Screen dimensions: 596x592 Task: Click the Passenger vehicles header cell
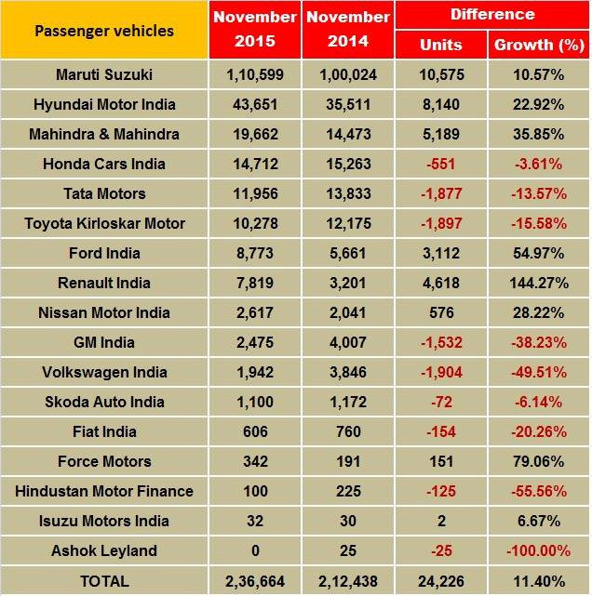(x=104, y=31)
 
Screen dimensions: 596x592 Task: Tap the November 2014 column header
(x=347, y=31)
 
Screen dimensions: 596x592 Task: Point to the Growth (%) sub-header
(x=538, y=45)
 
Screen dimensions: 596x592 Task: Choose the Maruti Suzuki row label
(x=104, y=74)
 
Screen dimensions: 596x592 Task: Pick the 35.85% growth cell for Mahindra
(x=538, y=134)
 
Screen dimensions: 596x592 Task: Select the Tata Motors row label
(x=104, y=193)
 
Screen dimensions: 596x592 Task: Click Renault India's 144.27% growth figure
(x=538, y=283)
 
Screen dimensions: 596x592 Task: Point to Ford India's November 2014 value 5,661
(x=347, y=253)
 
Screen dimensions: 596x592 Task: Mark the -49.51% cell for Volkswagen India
(x=538, y=372)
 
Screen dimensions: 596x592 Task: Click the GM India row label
(x=104, y=342)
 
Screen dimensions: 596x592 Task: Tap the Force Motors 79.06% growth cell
(x=538, y=461)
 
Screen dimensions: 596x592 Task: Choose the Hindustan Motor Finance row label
(x=104, y=491)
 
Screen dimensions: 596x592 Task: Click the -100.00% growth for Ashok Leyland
(x=538, y=550)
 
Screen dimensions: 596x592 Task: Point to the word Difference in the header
(x=491, y=15)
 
